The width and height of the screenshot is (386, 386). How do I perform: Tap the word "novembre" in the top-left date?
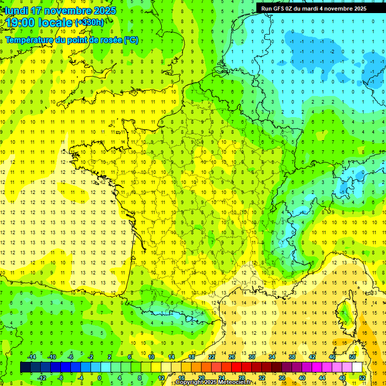click(66, 11)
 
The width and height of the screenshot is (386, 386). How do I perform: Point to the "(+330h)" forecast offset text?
click(89, 23)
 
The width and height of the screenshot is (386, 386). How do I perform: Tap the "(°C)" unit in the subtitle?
click(131, 40)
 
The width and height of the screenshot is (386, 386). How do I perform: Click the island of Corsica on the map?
click(346, 314)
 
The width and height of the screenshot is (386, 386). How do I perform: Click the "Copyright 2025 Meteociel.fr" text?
click(214, 382)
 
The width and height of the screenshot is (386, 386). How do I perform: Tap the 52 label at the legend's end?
click(363, 377)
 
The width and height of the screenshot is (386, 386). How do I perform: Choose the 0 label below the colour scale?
click(100, 377)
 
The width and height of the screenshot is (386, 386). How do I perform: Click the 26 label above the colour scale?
click(231, 356)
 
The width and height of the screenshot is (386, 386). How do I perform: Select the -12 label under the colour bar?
click(42, 377)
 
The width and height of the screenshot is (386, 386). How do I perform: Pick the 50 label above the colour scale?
click(352, 356)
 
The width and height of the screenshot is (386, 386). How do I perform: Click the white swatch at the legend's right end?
click(357, 367)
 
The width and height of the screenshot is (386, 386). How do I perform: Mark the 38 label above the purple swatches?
click(292, 356)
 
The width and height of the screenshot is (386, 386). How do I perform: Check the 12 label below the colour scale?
click(161, 377)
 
